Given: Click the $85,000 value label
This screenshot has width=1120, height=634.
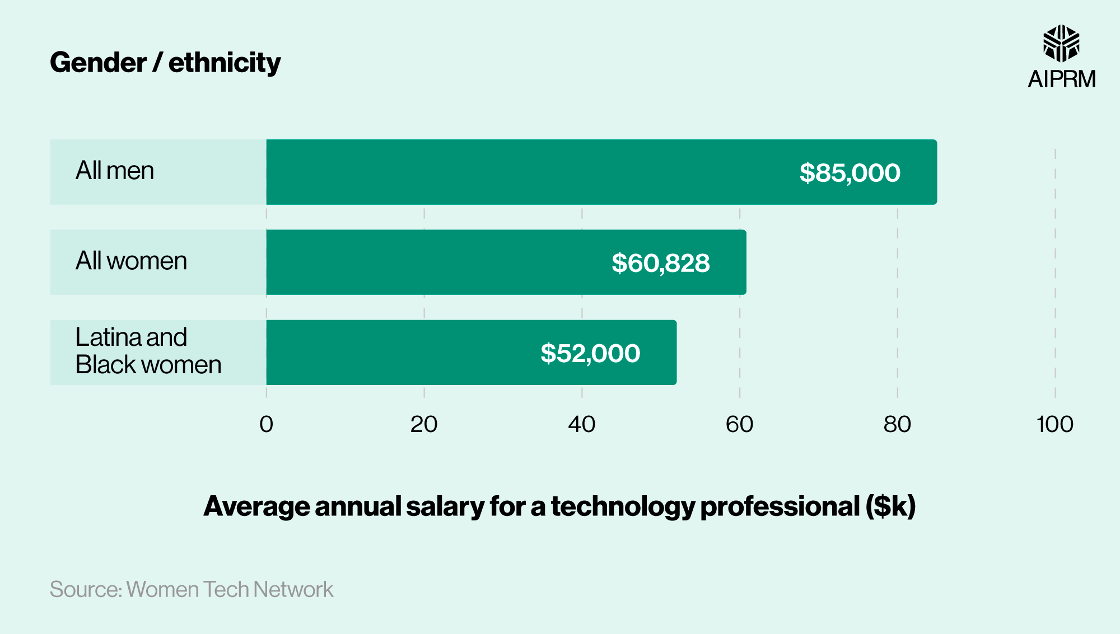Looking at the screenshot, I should (x=850, y=172).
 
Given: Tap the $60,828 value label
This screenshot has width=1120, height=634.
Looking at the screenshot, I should (x=660, y=262).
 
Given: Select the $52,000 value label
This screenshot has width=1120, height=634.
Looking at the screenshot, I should (x=590, y=353).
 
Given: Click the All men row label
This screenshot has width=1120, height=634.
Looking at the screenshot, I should (x=115, y=171).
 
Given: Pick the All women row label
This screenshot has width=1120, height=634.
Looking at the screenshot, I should (x=131, y=261).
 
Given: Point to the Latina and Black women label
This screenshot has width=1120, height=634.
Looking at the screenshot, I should (x=148, y=351).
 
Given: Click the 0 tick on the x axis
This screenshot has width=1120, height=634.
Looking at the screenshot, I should (x=266, y=424).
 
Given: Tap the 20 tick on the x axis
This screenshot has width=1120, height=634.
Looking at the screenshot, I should (x=424, y=424).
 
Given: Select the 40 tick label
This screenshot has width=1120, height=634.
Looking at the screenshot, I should (x=581, y=424).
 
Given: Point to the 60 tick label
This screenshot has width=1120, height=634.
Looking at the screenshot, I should (x=739, y=424).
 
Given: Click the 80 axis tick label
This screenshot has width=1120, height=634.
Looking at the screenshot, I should (x=897, y=424).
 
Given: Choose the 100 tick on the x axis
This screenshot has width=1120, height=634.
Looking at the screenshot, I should (x=1054, y=424).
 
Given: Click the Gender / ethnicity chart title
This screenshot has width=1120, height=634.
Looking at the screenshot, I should (x=165, y=62).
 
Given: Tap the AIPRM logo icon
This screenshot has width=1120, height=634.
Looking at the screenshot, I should (x=1061, y=43).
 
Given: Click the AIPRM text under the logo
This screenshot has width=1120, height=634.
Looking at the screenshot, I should (x=1061, y=79).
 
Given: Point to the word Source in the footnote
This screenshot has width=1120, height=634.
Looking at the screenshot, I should (x=85, y=589).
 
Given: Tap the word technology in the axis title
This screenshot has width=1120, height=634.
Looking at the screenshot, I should (x=622, y=506).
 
